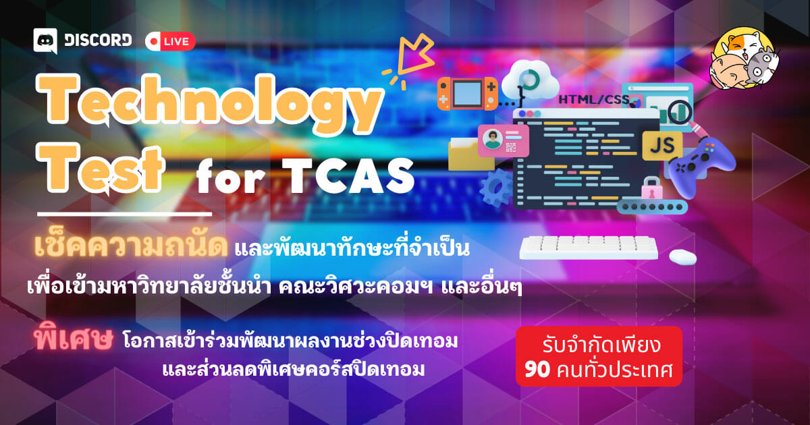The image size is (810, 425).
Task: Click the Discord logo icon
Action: [45, 41]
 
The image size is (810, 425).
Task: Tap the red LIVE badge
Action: [170, 42]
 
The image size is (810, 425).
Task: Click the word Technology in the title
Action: [210, 103]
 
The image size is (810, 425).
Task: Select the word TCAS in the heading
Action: [348, 175]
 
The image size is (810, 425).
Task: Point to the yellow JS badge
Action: [662, 146]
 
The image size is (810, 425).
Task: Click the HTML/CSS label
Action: [594, 99]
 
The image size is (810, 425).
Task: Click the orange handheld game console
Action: [467, 94]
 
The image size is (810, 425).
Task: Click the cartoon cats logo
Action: [743, 59]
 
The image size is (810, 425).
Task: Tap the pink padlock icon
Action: [651, 189]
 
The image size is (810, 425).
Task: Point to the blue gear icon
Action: [497, 188]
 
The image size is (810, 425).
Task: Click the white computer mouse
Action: [682, 257]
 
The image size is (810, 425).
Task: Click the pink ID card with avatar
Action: [504, 140]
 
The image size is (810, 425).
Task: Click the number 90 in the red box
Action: [537, 370]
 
